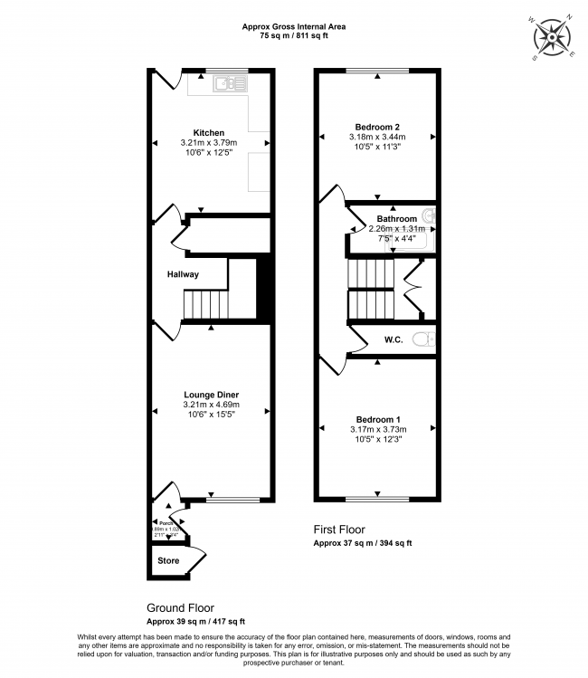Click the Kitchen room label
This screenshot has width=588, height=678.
pyautogui.click(x=209, y=133)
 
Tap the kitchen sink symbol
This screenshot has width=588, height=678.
pyautogui.click(x=230, y=84)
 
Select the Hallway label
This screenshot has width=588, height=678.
pyautogui.click(x=182, y=274)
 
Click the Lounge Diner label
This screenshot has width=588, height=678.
pyautogui.click(x=211, y=395)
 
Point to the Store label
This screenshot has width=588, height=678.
pyautogui.click(x=168, y=561)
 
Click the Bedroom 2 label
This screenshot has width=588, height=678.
pyautogui.click(x=378, y=127)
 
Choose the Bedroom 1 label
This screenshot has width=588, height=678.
pyautogui.click(x=378, y=419)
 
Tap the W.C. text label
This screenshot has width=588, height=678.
pyautogui.click(x=393, y=340)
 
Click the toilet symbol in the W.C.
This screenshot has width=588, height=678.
pyautogui.click(x=422, y=339)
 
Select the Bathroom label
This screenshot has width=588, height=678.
pyautogui.click(x=396, y=219)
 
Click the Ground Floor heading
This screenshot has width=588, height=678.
pyautogui.click(x=181, y=608)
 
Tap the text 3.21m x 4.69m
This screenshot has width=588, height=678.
pyautogui.click(x=210, y=405)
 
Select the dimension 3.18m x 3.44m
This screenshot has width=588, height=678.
pyautogui.click(x=378, y=137)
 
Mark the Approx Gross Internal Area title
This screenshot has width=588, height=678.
pyautogui.click(x=294, y=27)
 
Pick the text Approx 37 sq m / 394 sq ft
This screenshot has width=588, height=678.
pyautogui.click(x=362, y=543)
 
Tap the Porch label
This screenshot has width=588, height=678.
pyautogui.click(x=166, y=523)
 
